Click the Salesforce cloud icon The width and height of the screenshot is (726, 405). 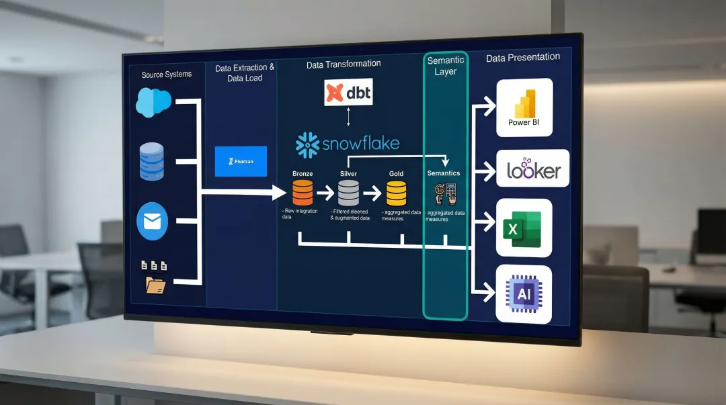(x=154, y=102)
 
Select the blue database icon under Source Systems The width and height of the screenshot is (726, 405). (x=151, y=161)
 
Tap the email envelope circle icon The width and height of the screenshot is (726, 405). (x=152, y=222)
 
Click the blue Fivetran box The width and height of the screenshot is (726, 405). (x=241, y=161)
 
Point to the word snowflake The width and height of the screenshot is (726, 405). (x=362, y=143)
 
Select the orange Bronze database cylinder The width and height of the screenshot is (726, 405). (x=302, y=193)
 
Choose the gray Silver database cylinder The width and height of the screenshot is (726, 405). (x=348, y=193)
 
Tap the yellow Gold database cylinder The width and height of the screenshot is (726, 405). (x=396, y=193)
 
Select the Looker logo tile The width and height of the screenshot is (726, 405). (x=533, y=169)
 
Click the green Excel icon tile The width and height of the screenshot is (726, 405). (x=524, y=228)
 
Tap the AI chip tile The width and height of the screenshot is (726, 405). (x=524, y=294)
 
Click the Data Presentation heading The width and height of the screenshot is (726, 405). (x=523, y=58)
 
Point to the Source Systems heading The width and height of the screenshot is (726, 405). (x=166, y=75)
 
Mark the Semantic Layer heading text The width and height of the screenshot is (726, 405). (x=445, y=66)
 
